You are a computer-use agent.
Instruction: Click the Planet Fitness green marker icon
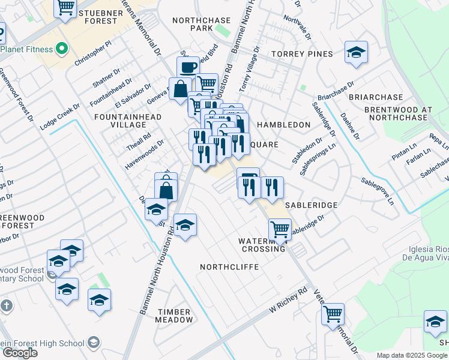[61, 48]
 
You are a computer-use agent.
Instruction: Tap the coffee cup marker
[188, 67]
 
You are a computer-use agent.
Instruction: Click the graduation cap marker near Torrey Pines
[356, 52]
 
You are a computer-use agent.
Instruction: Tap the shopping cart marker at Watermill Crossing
[280, 229]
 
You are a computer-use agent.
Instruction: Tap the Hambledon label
[284, 125]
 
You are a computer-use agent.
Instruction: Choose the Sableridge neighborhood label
[311, 205]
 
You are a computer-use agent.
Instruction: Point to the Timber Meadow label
[174, 316]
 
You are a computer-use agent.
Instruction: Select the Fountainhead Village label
[120, 120]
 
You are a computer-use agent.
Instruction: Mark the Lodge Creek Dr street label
[60, 116]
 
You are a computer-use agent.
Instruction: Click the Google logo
[19, 353]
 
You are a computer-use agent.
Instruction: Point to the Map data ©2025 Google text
[411, 355]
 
